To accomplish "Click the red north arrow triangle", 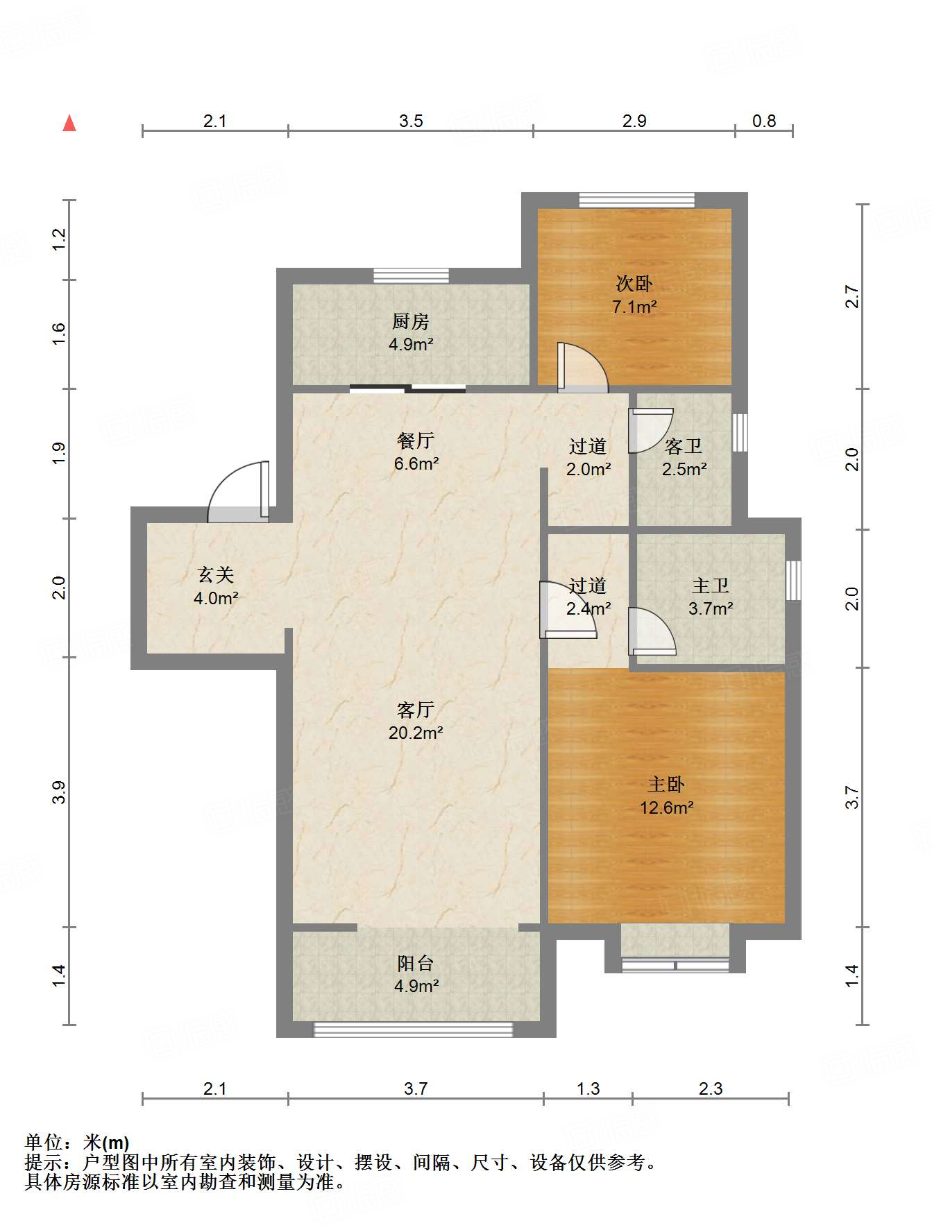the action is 69,123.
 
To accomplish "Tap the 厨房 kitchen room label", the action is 411,321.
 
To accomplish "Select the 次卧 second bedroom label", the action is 634,283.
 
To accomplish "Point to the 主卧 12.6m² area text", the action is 667,808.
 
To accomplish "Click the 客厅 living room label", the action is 416,709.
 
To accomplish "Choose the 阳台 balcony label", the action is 416,963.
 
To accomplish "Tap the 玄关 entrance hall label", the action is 216,574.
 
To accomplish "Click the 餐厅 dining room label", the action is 416,440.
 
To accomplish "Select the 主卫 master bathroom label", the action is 711,586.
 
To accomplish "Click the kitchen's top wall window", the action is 411,275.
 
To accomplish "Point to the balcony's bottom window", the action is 414,1030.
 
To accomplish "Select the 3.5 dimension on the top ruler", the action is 411,121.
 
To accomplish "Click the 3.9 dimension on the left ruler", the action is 59,792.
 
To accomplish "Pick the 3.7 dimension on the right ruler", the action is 851,797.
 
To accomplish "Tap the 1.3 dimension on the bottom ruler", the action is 588,1088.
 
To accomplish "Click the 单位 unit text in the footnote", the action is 43,1142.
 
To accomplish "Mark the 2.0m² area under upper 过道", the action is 588,469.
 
